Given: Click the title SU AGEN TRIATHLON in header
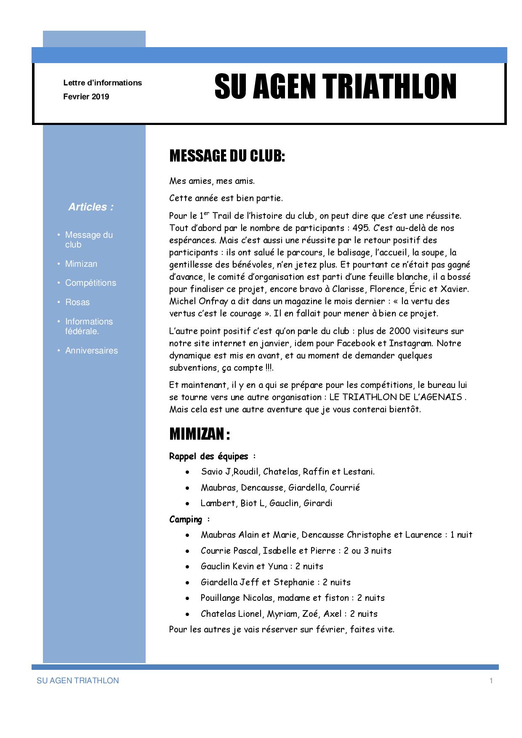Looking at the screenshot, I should (335, 87).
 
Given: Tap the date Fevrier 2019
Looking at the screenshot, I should (86, 97).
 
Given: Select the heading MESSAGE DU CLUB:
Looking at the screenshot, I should (227, 156).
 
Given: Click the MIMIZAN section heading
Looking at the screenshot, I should (199, 434).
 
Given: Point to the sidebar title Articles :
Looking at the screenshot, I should (91, 207).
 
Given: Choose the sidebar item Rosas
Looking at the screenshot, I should (77, 302).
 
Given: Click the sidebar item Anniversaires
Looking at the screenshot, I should (91, 350).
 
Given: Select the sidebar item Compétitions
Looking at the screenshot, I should (91, 283).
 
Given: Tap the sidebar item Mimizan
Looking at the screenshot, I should (81, 264).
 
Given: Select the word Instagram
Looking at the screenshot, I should (411, 343).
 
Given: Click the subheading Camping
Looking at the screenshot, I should (186, 520).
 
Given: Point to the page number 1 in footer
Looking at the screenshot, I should (491, 681).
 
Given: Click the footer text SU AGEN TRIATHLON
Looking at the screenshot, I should (78, 681).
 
